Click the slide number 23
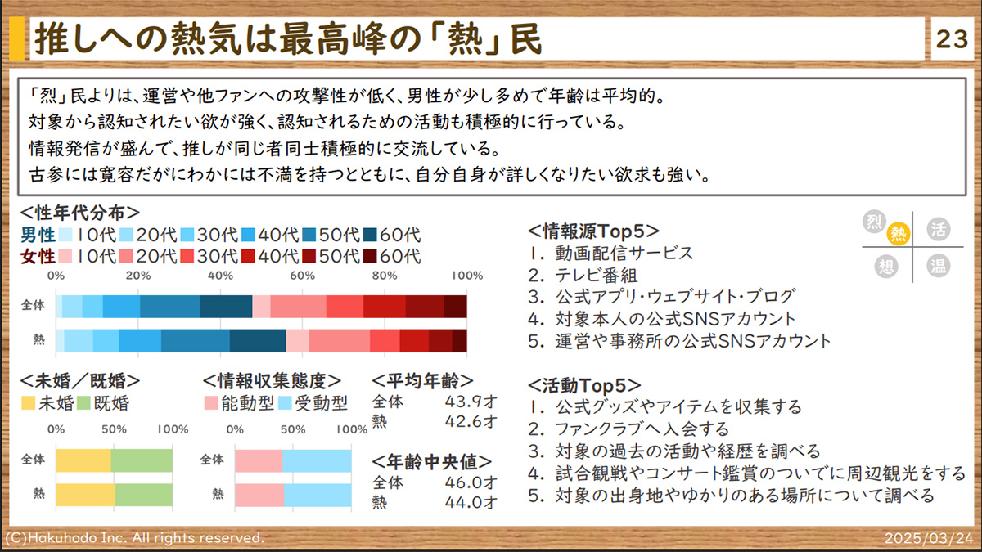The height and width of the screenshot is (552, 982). click(x=952, y=39)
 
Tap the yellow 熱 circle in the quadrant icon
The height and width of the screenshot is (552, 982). click(x=899, y=234)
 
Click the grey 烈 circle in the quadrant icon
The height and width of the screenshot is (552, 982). click(x=874, y=222)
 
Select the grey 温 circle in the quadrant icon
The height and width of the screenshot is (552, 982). click(x=939, y=266)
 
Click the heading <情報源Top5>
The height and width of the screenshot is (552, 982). click(x=593, y=231)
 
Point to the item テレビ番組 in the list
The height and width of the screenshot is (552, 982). click(x=597, y=276)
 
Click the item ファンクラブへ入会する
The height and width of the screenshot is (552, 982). click(x=642, y=429)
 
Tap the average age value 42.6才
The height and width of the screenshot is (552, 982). click(x=471, y=421)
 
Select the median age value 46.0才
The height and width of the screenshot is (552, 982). click(x=471, y=482)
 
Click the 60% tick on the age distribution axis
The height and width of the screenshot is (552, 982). click(x=303, y=276)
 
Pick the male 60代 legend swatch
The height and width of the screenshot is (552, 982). click(x=371, y=235)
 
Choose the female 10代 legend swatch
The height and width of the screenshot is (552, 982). click(x=65, y=256)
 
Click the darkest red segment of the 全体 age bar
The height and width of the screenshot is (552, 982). click(x=456, y=306)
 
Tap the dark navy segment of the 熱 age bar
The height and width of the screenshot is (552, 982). click(x=258, y=341)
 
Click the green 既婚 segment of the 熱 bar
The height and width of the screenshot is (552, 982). click(x=144, y=495)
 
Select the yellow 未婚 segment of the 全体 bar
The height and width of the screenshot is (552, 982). click(x=83, y=460)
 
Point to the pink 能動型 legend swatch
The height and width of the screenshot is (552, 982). click(x=211, y=403)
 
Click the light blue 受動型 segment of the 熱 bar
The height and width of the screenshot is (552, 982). click(x=318, y=495)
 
